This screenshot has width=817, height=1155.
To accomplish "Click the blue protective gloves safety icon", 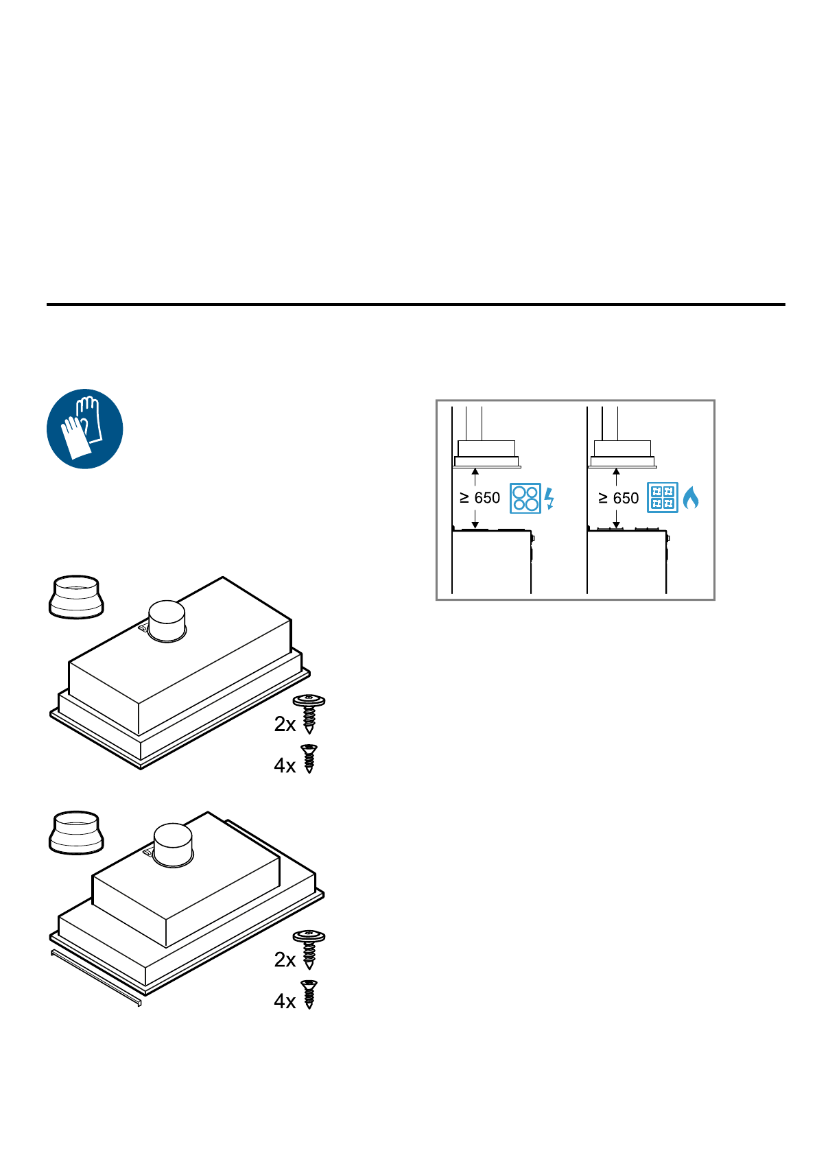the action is coord(84,429).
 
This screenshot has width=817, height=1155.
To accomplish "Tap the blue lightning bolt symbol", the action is coord(549,498).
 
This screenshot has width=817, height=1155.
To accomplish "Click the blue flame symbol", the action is coord(691,498).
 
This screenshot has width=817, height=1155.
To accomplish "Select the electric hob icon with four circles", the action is coord(525,499).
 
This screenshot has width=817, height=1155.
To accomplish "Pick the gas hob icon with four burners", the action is coord(663,499).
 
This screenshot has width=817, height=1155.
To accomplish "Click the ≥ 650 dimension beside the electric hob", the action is coord(480,498).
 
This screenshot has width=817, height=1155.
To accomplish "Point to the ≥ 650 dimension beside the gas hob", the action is coord(619,498).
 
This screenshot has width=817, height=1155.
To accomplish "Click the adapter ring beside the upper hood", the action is coord(77,597).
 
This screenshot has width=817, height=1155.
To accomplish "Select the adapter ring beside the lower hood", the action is coord(77,832).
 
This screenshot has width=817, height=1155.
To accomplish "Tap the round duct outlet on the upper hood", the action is coord(167,621).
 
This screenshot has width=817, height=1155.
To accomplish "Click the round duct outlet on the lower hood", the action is coord(173,845).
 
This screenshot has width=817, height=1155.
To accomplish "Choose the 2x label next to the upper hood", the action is coord(285,724).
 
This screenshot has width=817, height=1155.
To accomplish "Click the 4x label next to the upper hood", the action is coord(285,765).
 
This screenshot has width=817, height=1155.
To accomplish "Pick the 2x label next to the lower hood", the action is coord(285,960).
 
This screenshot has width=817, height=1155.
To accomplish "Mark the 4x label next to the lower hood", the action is coord(285,1001).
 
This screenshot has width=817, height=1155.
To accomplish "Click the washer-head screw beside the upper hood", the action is coord(309,714).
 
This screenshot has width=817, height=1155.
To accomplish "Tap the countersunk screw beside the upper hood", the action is coord(309,759).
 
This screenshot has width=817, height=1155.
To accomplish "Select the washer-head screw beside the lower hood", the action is coord(309,949).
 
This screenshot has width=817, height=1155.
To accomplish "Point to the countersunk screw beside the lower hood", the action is coord(310,995).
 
